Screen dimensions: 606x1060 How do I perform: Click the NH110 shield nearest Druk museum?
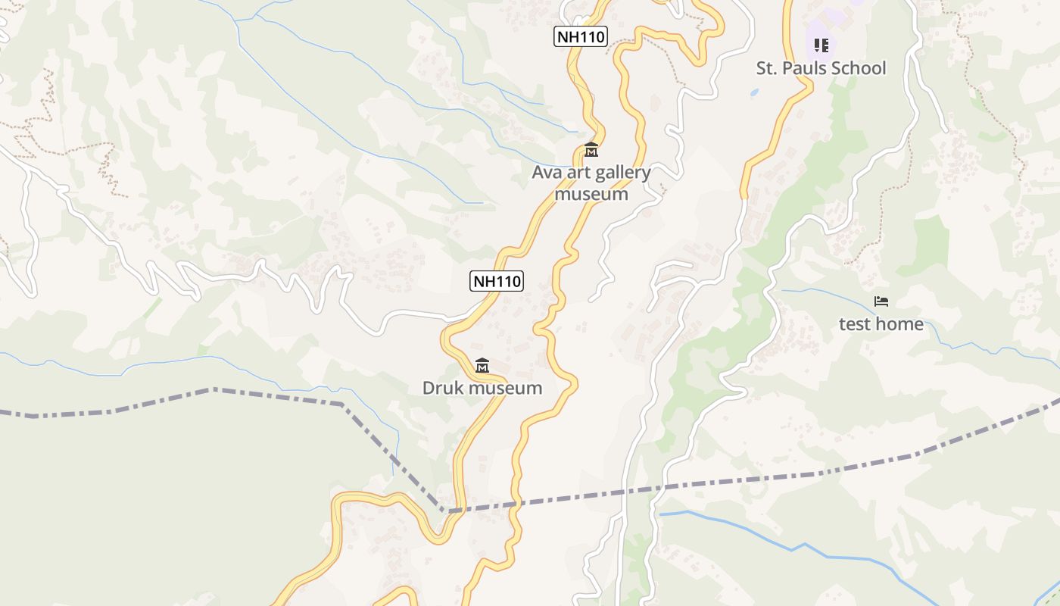click(x=497, y=281)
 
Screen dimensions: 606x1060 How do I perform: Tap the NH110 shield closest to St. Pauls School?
click(x=581, y=36)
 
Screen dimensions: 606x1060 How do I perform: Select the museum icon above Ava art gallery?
click(x=591, y=150)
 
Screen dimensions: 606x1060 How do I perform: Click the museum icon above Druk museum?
click(x=482, y=366)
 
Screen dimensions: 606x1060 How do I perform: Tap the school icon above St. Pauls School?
click(x=821, y=45)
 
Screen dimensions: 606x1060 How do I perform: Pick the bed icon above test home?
click(x=881, y=301)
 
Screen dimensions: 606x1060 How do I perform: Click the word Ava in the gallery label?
click(x=547, y=173)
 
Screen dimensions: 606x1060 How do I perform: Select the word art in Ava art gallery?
click(x=577, y=173)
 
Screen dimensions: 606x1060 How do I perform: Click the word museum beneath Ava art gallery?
click(x=591, y=194)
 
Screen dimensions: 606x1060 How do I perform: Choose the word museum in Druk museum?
click(x=505, y=389)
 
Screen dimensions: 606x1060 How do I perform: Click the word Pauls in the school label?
click(x=814, y=68)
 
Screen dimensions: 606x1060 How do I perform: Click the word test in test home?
click(x=854, y=324)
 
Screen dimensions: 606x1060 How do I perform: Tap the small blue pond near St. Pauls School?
click(x=753, y=92)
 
